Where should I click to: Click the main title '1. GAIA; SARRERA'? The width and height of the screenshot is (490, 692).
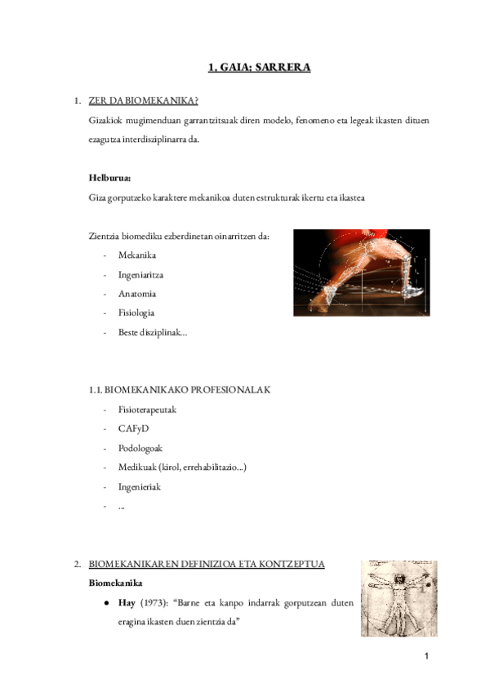[x=259, y=68]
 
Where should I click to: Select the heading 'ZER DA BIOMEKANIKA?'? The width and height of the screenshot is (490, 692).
[x=143, y=101]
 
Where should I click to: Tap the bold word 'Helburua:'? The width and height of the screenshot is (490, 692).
[x=109, y=177]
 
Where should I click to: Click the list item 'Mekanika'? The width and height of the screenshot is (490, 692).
[x=136, y=255]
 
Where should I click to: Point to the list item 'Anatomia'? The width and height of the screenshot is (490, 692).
[x=136, y=294]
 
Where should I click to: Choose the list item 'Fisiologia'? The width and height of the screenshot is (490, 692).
[x=136, y=313]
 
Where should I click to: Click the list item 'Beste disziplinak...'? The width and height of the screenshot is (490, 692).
[x=152, y=332]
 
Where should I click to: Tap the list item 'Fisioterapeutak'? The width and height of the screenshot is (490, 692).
[x=147, y=410]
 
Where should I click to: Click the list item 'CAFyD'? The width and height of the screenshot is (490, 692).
[x=134, y=428]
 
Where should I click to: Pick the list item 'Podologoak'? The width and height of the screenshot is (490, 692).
[x=140, y=448]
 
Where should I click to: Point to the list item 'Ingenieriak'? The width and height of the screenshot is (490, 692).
[x=140, y=486]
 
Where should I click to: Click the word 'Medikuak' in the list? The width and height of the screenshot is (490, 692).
[x=138, y=467]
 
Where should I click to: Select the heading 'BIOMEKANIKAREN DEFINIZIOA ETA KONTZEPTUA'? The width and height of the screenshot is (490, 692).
[x=207, y=564]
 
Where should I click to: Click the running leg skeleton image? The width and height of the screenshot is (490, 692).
[x=361, y=272]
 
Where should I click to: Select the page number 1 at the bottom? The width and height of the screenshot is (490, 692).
[x=425, y=658]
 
